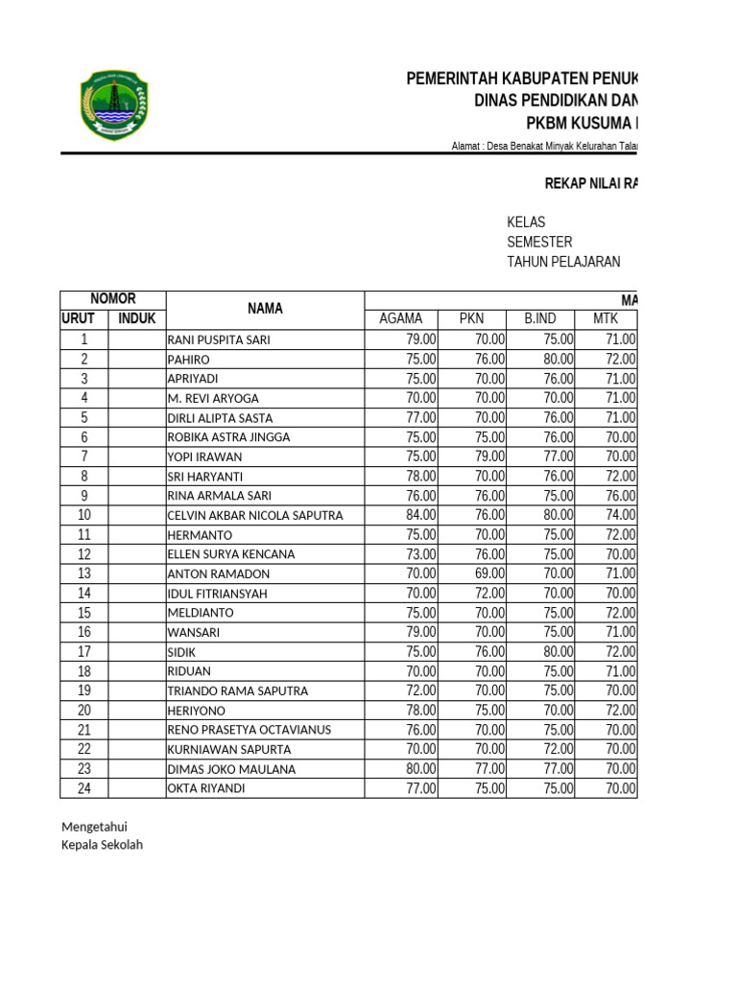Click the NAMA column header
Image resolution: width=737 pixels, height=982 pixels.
point(265,309)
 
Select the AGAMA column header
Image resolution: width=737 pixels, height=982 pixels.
point(401,319)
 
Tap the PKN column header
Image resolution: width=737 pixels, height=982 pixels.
point(472,319)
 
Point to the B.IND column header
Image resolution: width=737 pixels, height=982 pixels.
point(541,319)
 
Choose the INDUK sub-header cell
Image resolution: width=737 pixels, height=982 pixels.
point(136,319)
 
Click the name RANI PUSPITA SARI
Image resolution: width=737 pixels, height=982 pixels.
point(219,339)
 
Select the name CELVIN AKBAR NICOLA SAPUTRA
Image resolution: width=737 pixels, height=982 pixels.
point(255,515)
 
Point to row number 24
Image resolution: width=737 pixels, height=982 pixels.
point(84,788)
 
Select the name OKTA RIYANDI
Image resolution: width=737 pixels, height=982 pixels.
point(206,788)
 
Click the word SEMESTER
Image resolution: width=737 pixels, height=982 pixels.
point(539,242)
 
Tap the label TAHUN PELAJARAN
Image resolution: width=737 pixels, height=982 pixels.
point(563,262)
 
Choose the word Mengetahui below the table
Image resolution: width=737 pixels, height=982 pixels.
point(95,827)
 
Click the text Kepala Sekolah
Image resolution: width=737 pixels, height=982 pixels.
point(103,845)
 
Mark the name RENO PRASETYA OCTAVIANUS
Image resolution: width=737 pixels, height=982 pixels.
point(250,730)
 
